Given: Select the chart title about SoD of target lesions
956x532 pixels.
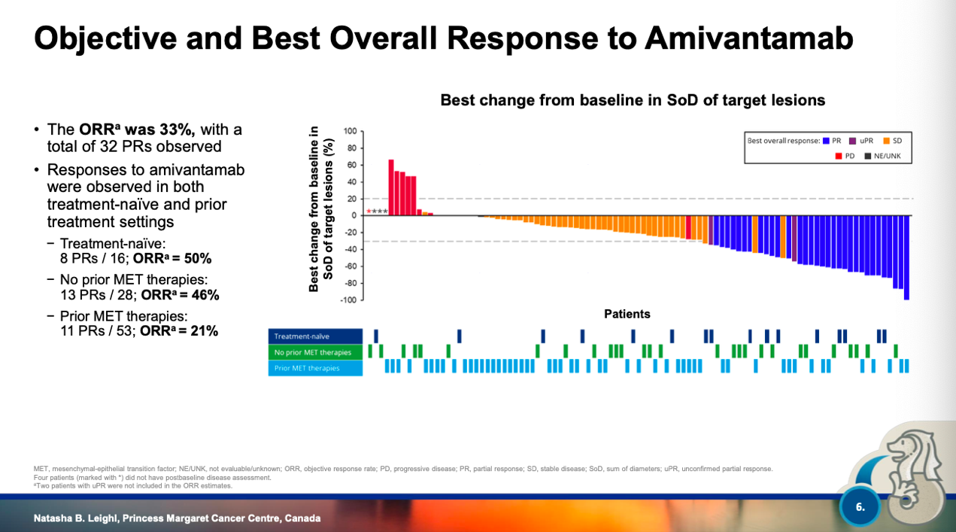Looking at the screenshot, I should click(x=633, y=100).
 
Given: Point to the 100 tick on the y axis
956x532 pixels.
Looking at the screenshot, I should click(x=350, y=132).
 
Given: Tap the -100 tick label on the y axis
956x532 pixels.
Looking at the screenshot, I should click(x=348, y=300).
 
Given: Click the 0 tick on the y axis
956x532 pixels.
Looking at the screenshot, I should click(x=354, y=216).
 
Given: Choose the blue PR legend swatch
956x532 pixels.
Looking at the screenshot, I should click(x=826, y=141).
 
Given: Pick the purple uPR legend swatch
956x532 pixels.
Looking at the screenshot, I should click(x=853, y=141).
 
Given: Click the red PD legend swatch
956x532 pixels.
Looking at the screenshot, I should click(x=839, y=157).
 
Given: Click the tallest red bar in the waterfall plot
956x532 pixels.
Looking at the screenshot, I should click(x=391, y=187).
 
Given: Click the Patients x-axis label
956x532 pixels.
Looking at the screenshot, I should click(x=627, y=314).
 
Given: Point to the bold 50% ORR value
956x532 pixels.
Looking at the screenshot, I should click(x=198, y=259).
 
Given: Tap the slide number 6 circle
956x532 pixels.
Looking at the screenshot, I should click(x=860, y=507).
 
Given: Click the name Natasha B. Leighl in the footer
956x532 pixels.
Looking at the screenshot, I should click(x=82, y=518).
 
